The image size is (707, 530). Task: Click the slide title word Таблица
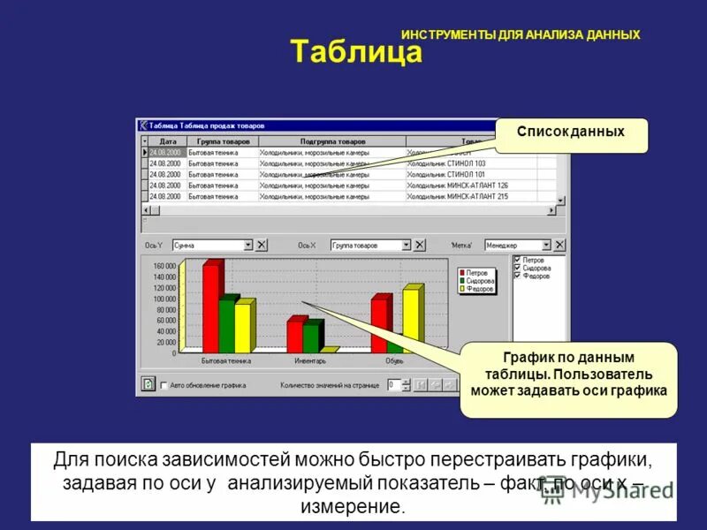coord(357,53)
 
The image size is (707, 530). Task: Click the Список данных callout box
coord(571,132)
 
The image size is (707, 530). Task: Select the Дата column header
coord(168,141)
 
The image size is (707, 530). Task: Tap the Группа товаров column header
coord(223,141)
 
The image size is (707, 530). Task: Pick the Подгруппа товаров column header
coord(332,141)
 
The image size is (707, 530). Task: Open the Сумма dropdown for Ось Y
coord(248,246)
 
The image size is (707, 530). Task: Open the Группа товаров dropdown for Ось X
coord(407,246)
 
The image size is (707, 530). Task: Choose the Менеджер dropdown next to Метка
coord(546,246)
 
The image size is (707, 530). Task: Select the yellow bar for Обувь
coord(411,320)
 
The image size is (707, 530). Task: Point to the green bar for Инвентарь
coord(310,336)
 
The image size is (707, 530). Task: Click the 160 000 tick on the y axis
coord(164,266)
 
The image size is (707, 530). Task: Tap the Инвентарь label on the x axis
coord(309,360)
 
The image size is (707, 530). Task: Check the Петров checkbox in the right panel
coord(517,261)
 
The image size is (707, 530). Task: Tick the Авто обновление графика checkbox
coord(163,385)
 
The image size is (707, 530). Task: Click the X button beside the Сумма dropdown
coord(262,246)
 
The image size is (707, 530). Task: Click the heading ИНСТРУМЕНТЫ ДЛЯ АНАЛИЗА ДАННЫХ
coord(521,34)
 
